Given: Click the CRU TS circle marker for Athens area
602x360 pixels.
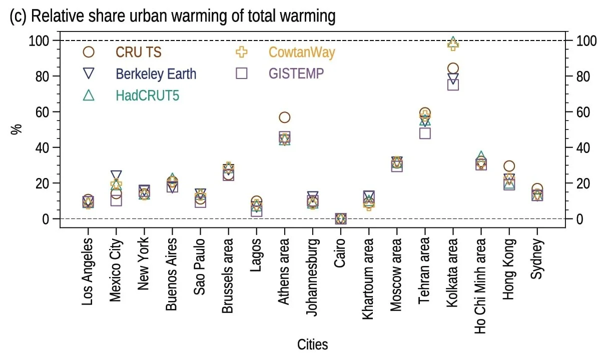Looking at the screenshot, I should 285,117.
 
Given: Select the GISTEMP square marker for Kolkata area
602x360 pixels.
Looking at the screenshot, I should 453,84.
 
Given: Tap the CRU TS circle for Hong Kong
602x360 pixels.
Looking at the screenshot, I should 509,166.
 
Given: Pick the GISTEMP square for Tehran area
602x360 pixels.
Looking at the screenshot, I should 425,133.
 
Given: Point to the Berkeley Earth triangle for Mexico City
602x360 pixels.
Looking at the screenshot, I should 116,175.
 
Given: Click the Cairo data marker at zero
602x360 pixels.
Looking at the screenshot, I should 341,218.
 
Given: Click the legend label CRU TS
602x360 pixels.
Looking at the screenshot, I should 139,52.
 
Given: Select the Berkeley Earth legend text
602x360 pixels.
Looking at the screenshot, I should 156,74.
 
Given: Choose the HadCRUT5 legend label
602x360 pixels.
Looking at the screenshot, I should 147,95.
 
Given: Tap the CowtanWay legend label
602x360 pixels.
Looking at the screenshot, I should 302,52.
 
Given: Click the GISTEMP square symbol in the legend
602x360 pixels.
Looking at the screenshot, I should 242,73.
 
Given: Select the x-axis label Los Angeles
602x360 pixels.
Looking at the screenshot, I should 88,271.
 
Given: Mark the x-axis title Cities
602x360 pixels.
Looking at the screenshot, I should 313,344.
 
